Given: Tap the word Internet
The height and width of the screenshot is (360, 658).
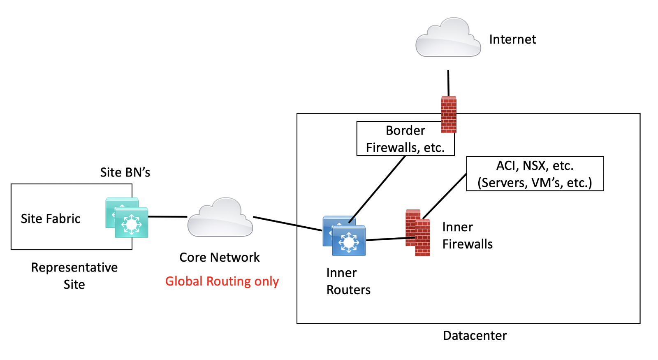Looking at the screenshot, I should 512,39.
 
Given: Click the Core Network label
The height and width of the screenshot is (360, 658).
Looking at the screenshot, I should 220,258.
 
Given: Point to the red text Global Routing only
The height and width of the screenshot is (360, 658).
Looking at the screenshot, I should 222,281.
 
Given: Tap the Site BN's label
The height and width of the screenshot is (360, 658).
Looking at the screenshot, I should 125,172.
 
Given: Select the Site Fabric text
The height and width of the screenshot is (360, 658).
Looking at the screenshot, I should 51,219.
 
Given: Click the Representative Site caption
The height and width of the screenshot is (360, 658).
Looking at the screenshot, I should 74,276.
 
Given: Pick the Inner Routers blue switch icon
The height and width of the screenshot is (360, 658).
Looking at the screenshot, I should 345,236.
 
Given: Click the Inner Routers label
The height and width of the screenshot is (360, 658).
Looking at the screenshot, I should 348,281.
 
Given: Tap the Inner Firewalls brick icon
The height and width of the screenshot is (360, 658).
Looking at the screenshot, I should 418,233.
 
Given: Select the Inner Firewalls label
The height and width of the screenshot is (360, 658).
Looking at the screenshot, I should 467,236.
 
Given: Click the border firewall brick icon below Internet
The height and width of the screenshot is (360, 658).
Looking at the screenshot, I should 449,115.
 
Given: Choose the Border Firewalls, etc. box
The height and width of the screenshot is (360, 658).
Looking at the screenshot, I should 405,139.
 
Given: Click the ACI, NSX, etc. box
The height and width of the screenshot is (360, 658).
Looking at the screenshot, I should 535,174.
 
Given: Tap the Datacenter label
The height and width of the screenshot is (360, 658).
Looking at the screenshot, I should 475,336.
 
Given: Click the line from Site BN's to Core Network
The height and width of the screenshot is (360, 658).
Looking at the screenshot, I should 167,216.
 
